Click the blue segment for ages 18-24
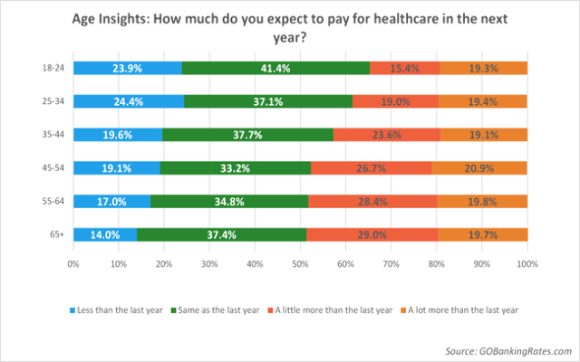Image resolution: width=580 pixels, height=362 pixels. (127, 68)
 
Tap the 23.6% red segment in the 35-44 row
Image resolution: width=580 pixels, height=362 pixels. (384, 135)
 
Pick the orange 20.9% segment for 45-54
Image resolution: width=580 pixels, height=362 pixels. (479, 168)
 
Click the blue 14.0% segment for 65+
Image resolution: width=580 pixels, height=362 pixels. (104, 235)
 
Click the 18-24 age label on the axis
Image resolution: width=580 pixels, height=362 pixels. (54, 68)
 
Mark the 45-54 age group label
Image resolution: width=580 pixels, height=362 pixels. (54, 168)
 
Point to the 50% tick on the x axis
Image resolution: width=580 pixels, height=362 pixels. (300, 263)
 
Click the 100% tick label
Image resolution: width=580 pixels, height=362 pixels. (527, 263)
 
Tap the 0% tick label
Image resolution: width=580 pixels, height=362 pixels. (73, 263)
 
